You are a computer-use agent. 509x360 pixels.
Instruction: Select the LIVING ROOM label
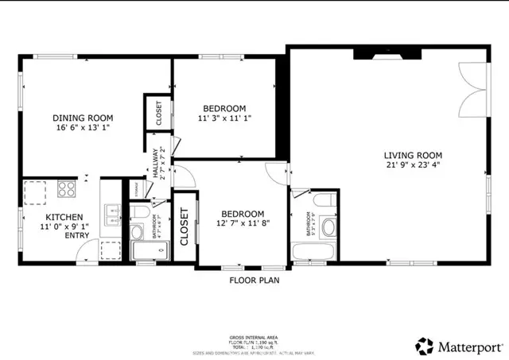[413, 155]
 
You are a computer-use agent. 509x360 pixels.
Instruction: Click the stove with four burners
[66, 189]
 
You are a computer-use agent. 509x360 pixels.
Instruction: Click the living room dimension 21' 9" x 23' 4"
[413, 165]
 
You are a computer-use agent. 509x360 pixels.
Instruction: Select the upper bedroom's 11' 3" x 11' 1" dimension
[223, 118]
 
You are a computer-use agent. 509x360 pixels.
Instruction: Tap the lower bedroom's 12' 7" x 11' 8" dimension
[243, 224]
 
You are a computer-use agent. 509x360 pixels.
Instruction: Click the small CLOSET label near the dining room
[157, 112]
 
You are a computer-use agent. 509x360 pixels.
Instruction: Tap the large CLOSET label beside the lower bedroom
[185, 226]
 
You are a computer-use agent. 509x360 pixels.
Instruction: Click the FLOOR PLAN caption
[254, 280]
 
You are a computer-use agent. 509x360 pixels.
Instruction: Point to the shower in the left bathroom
[149, 252]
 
